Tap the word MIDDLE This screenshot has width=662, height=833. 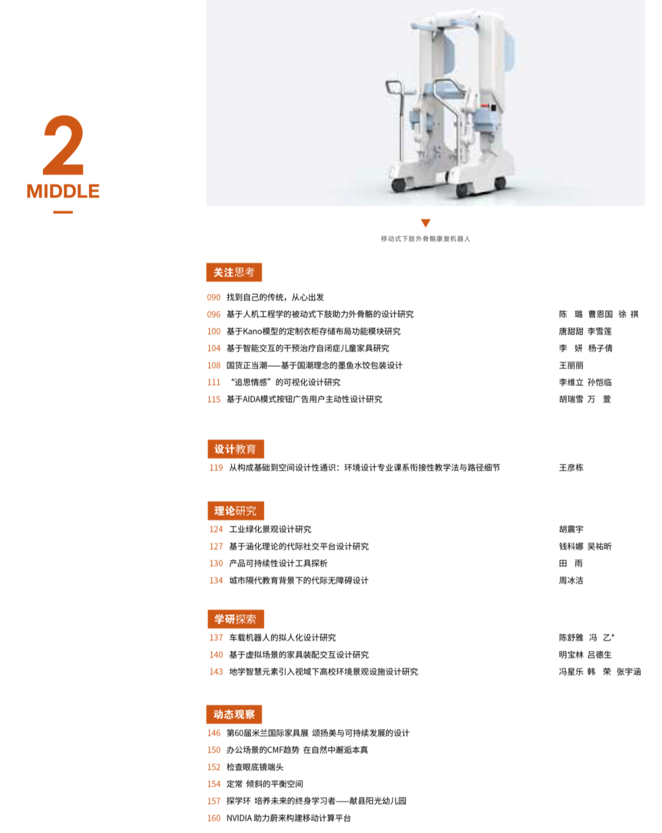63,191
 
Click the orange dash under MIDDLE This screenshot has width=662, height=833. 63,212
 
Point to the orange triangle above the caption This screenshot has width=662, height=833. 425,222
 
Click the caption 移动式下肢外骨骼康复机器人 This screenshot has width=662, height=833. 425,238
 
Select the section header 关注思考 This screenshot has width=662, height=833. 234,272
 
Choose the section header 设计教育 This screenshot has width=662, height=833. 235,448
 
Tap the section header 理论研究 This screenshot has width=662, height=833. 235,511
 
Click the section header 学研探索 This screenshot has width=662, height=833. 235,619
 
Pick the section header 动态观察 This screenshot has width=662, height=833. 234,714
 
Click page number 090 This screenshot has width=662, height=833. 213,297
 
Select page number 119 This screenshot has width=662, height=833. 216,467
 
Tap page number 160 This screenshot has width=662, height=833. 213,818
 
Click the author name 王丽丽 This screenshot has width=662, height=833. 571,366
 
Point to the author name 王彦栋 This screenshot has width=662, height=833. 571,467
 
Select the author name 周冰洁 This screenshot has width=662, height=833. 571,580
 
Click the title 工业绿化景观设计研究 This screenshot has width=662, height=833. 270,529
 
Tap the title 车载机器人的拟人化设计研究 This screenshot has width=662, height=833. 283,638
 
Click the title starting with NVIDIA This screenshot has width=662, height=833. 289,818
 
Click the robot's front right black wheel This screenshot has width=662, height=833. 463,190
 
